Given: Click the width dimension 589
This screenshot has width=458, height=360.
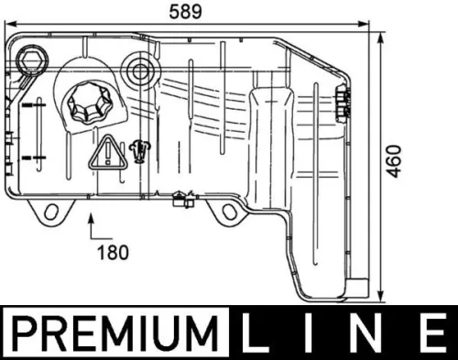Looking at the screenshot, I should [188, 12].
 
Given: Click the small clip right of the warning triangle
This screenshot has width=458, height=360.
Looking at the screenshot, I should [139, 147].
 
